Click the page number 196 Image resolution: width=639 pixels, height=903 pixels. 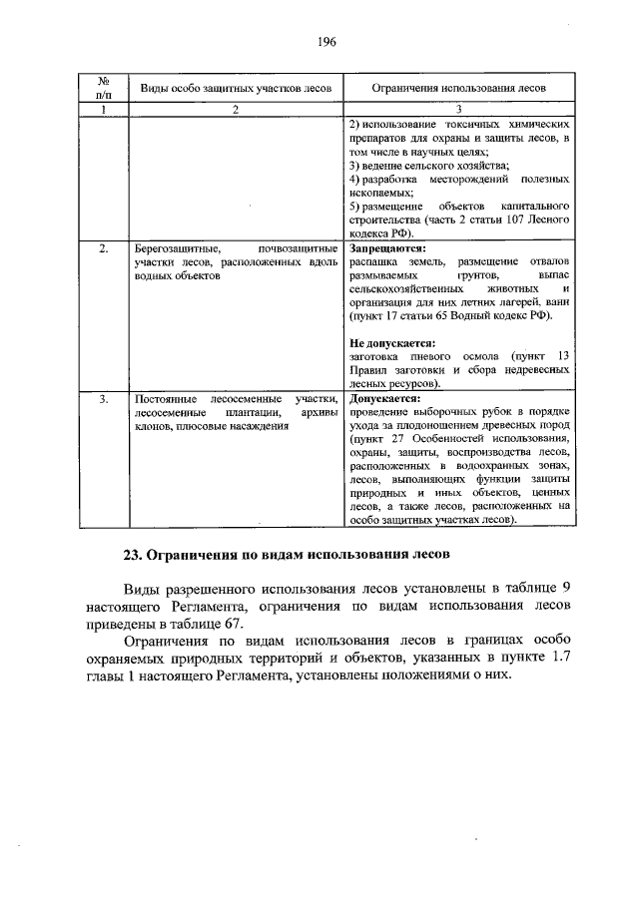(x=319, y=42)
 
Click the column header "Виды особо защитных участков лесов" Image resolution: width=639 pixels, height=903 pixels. (x=236, y=88)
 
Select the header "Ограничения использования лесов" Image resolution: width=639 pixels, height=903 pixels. (x=458, y=88)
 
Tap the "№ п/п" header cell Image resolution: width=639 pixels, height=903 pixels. (x=102, y=87)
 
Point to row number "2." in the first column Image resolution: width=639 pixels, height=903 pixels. (x=103, y=246)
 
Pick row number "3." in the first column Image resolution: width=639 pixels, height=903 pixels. (x=103, y=398)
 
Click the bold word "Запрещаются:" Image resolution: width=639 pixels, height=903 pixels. (x=387, y=246)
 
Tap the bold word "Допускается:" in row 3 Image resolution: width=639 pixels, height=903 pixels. (x=385, y=398)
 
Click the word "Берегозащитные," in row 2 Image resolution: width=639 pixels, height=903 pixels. (x=173, y=246)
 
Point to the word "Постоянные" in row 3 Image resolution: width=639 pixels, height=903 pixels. (x=167, y=398)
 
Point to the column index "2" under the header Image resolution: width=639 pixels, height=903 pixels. (x=236, y=108)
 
